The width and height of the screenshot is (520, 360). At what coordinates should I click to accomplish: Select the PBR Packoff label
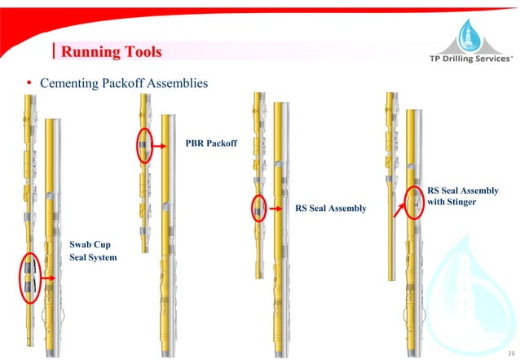click(x=211, y=143)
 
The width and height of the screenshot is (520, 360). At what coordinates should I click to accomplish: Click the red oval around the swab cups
click(x=29, y=277)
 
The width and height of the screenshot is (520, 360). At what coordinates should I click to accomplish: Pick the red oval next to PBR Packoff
click(x=145, y=145)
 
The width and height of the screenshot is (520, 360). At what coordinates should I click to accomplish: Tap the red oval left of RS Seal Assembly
click(x=259, y=209)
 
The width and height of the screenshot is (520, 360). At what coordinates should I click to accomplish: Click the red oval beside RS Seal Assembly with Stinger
click(x=414, y=198)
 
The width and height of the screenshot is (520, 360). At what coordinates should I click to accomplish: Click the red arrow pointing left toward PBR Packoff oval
click(x=170, y=147)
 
